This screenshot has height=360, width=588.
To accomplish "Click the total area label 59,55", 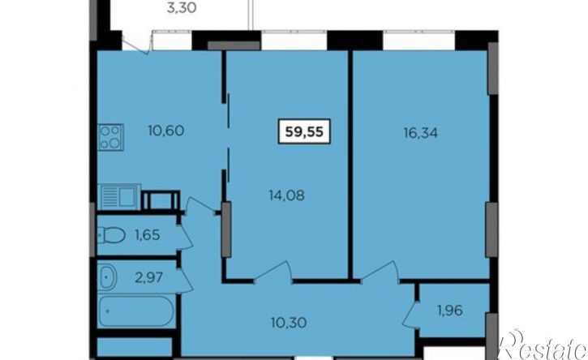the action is coord(304,131).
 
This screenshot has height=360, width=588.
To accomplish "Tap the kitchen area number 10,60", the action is coord(165,131).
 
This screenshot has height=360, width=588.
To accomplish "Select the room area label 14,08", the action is coord(287,195).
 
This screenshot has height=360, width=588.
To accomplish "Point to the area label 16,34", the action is coord(421,133).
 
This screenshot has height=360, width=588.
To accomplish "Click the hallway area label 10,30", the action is coord(289,322).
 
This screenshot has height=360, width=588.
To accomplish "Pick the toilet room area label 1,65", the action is coord(148,235).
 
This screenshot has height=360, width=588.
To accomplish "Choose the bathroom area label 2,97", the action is coord(149,277).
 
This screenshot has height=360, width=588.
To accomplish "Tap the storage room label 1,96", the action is coord(449,311).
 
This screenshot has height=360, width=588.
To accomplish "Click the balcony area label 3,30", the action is coord(181,7).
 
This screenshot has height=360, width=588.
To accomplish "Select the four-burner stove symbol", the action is coord(110,137).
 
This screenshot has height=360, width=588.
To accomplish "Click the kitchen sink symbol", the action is coord(119,196).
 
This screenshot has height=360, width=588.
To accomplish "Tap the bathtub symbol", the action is coord(136,312).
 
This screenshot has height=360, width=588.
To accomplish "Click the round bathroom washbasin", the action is coord(107,277).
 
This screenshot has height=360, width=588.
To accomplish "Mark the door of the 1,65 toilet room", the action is coord(184,236).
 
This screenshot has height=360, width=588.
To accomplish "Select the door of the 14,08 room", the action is coord(273,271).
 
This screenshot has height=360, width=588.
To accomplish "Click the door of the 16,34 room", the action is coord(380,271).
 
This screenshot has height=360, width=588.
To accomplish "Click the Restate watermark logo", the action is coord(543,345).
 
